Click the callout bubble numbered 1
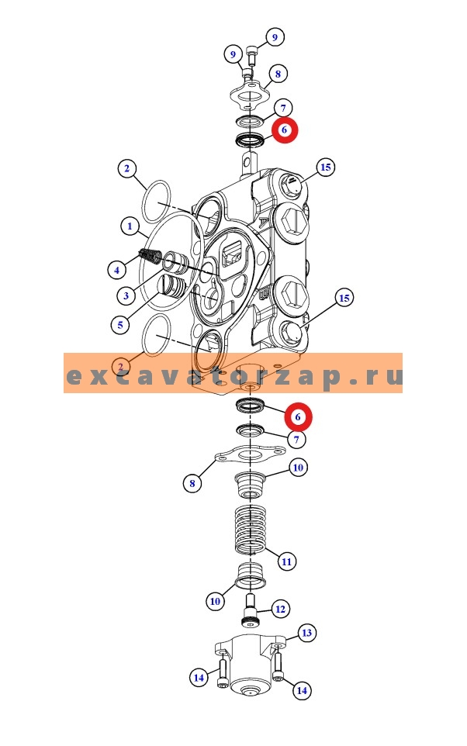tap(128, 226)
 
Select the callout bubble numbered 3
tap(124, 295)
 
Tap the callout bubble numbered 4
tap(116, 270)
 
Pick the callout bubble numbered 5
tap(119, 324)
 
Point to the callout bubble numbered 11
tap(287, 561)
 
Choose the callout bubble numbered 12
tap(280, 610)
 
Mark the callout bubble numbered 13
tap(306, 634)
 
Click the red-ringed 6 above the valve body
tap(284, 130)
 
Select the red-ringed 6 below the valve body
tap(297, 417)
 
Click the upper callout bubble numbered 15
tap(326, 168)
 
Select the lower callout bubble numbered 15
tap(344, 298)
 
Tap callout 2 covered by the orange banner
tap(120, 365)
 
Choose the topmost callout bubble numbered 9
tap(275, 36)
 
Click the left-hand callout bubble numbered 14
tap(199, 678)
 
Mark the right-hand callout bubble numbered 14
tap(302, 689)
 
